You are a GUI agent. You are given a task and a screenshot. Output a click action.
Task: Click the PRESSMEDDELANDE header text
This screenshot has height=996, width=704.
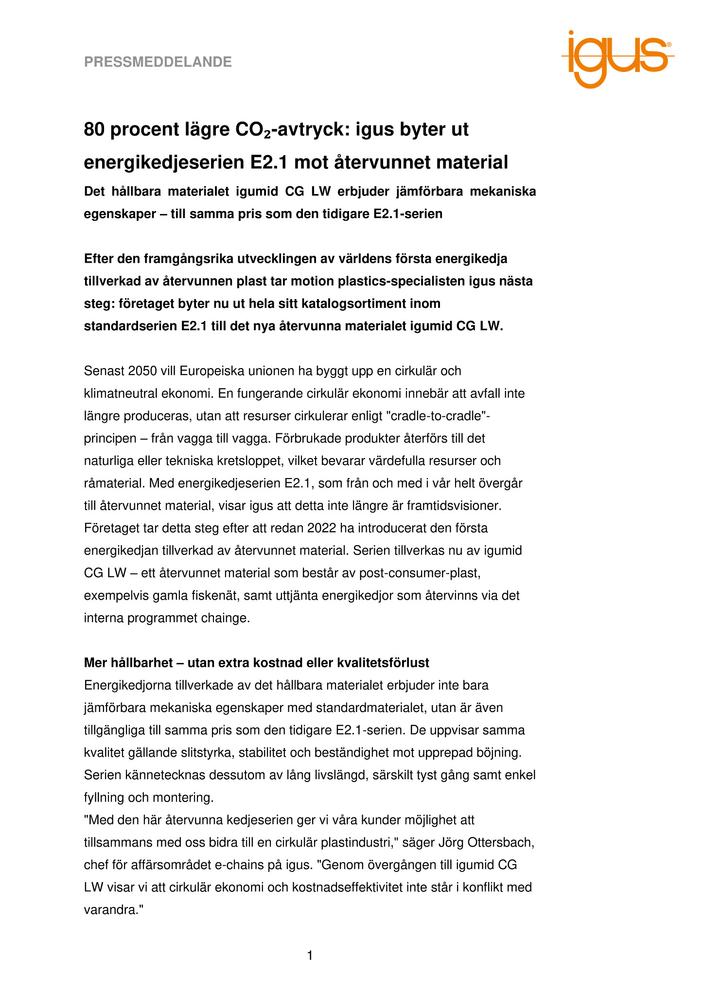tap(158, 62)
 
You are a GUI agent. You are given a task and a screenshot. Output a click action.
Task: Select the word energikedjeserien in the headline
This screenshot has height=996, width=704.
tap(164, 162)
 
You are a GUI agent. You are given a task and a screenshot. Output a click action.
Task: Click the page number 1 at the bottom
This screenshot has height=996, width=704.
tap(310, 956)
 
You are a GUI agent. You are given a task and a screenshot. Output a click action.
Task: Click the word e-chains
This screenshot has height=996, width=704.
tap(272, 865)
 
